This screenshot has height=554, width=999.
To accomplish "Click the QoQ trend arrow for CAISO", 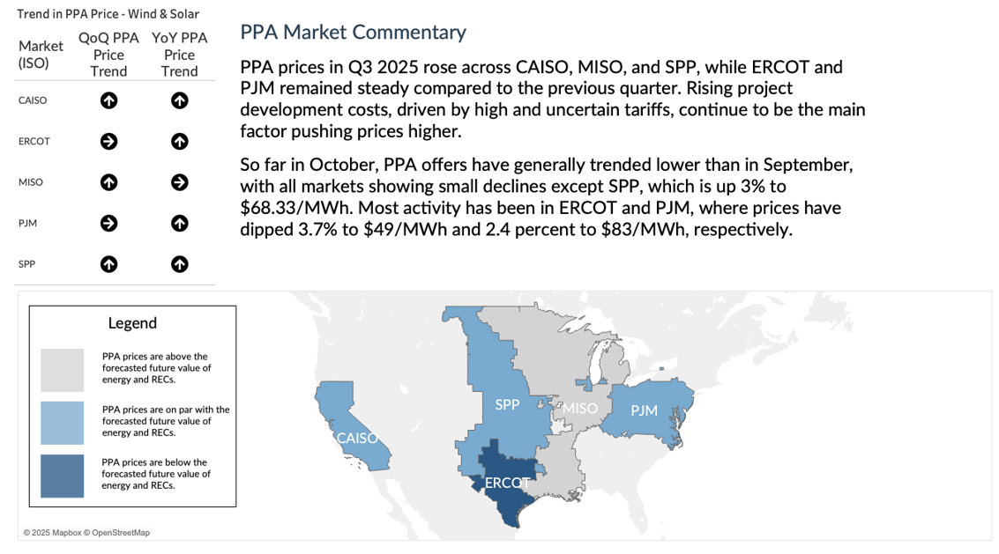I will click(x=108, y=100).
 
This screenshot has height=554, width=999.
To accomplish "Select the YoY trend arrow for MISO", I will click(x=179, y=182).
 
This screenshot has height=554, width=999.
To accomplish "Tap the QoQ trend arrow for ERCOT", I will click(x=108, y=141).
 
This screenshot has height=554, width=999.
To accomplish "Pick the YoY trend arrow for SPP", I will click(x=179, y=264).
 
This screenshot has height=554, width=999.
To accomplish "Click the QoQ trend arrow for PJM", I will click(x=108, y=223).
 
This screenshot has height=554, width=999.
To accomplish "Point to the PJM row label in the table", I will click(x=28, y=224).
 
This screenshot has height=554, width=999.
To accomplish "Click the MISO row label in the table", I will click(x=31, y=182).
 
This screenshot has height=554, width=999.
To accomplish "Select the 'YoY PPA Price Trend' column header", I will click(x=179, y=55).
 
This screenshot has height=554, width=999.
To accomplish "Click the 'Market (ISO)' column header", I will click(x=41, y=55).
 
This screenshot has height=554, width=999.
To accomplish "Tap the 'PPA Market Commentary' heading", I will click(x=353, y=33).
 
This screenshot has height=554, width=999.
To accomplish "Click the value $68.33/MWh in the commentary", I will click(x=287, y=209).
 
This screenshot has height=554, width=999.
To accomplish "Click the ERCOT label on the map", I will click(x=508, y=483).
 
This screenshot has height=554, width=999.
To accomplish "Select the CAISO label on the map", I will click(x=357, y=438).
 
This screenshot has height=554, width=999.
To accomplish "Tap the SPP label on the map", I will click(x=507, y=404).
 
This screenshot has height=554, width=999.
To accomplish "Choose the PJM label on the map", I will click(x=645, y=410).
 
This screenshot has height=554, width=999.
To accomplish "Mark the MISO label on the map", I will click(x=579, y=409).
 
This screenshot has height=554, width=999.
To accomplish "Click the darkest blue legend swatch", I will click(x=62, y=476).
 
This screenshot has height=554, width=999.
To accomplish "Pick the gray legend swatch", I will click(x=62, y=370).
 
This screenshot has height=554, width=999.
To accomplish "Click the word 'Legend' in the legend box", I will click(x=132, y=323).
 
